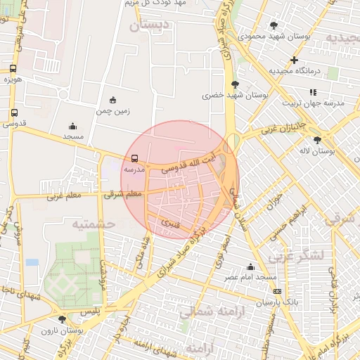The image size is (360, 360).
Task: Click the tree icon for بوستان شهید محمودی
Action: pos(274,25)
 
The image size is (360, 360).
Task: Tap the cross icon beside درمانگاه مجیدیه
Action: pos(294,60)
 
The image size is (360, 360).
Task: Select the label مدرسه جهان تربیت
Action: pos(314,103)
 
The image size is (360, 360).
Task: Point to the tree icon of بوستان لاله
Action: pos(317,140)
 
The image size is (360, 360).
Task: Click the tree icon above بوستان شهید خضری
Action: pos(235,84)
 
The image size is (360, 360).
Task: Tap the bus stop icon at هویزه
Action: pos(13,69)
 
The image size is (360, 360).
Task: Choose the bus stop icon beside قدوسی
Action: pos(15,112)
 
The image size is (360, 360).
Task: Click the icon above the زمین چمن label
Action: pos(113,100)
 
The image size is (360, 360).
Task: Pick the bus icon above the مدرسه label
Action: pos(134,158)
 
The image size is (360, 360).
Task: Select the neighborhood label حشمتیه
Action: pos(93,224)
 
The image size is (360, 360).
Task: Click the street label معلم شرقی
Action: pos(123,193)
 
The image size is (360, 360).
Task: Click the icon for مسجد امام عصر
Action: pos(250,266)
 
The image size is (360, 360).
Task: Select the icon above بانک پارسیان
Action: pos(277,291)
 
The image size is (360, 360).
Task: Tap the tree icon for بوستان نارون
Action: pos(63,319)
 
